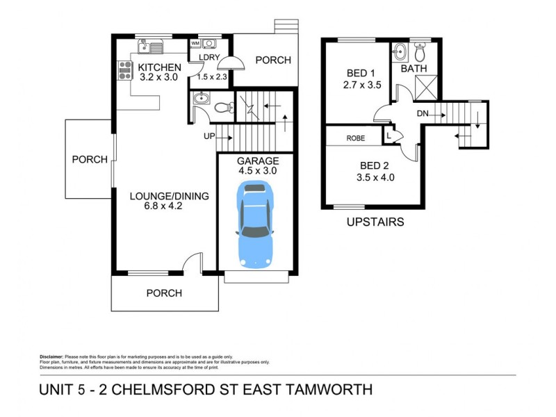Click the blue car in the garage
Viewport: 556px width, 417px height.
pos(256,224)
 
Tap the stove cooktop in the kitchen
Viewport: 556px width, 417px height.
pos(126,70)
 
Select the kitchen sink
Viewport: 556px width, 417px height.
pos(150,47)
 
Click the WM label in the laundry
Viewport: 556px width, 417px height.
pos(195,43)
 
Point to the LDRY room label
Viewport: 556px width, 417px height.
pos(209,57)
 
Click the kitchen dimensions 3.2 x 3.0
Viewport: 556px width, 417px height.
pos(159,78)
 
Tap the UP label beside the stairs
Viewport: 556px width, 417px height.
pos(209,136)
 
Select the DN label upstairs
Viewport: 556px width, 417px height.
pos(423,113)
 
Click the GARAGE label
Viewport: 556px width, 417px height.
pos(258,161)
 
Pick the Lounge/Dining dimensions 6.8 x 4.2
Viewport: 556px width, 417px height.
pos(169,206)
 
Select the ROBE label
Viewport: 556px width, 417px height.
pos(355,138)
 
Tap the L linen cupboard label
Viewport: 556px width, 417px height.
pos(388,137)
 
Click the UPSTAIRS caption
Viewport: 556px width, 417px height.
pos(375,222)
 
